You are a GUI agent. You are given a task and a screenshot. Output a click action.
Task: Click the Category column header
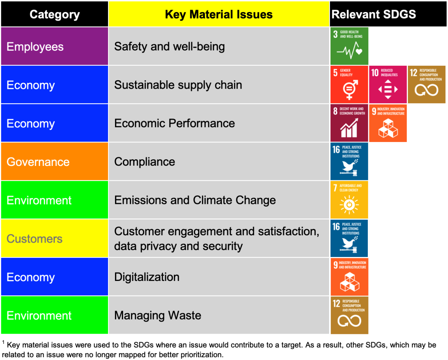click(55, 14)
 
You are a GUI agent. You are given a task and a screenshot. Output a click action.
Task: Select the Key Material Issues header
click(219, 14)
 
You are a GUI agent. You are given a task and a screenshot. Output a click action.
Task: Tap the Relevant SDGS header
click(373, 14)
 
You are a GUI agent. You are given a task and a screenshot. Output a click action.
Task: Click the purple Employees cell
click(55, 46)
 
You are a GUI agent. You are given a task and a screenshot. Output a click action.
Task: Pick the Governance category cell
click(55, 162)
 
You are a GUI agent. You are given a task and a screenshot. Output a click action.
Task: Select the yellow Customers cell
click(55, 239)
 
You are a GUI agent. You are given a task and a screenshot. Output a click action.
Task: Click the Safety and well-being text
click(169, 46)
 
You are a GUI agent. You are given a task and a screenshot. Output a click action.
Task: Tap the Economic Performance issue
click(174, 123)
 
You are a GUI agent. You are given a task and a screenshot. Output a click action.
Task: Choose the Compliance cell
click(145, 162)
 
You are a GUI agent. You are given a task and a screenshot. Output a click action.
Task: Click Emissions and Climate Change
click(195, 200)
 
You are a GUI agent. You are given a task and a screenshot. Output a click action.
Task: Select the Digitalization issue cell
click(147, 277)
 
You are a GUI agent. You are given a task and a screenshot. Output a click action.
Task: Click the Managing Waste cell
click(158, 315)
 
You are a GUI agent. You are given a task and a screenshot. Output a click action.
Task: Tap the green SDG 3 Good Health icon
click(349, 46)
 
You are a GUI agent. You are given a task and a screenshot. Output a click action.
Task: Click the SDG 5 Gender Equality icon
click(349, 85)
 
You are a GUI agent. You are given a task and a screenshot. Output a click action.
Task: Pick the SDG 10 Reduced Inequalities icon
click(388, 85)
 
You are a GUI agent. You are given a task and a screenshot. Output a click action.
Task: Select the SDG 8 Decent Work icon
click(349, 123)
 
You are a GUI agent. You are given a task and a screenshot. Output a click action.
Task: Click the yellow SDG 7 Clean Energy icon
click(349, 200)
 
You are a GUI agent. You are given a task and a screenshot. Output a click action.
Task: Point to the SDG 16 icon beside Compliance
click(349, 161)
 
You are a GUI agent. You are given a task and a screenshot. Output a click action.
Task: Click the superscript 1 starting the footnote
click(4, 342)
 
